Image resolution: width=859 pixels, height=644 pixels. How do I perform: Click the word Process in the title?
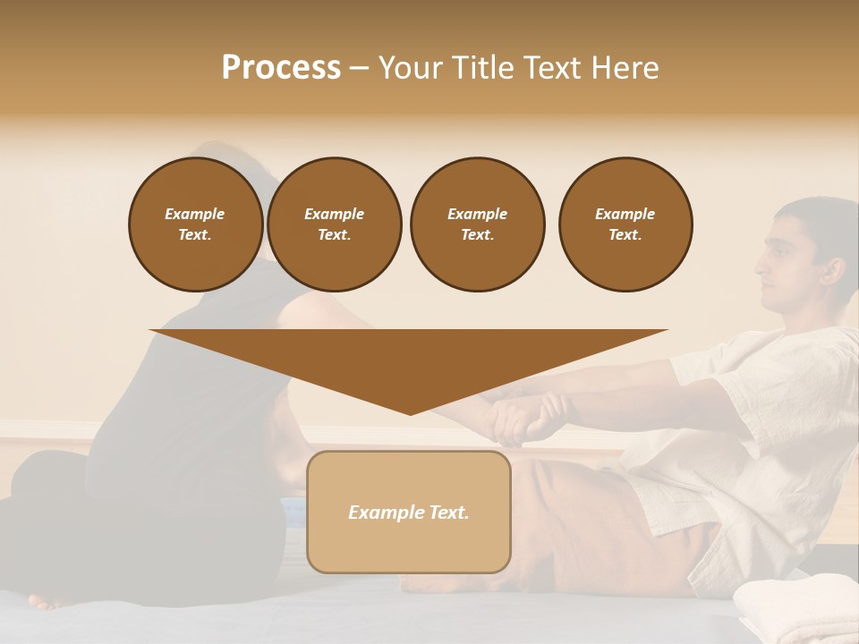281,68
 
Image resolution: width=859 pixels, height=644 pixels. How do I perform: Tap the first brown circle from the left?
195,225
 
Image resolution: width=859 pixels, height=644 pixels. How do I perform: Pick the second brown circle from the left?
334,225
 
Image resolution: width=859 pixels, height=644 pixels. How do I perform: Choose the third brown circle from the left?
477,225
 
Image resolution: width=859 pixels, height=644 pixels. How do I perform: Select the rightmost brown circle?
625,225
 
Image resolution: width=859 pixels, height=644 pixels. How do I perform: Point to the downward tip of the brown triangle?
410,412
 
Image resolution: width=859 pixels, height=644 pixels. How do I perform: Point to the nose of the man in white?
760,264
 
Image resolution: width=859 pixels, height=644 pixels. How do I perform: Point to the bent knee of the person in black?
36,474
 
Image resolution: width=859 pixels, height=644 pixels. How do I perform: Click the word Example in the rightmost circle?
625,214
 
